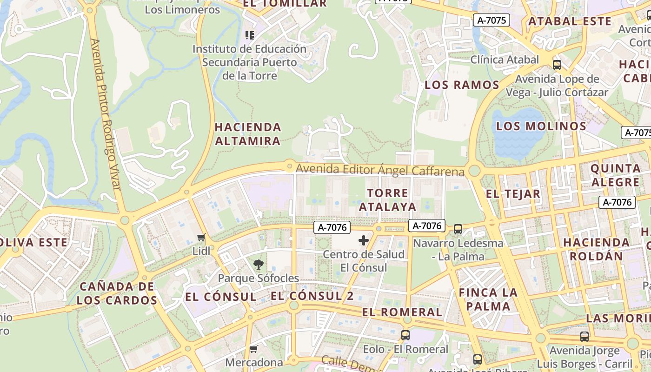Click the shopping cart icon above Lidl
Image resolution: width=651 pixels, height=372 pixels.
[x=201, y=238]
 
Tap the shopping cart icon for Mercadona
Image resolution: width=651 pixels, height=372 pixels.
[x=253, y=349]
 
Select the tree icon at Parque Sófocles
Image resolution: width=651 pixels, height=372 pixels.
[x=258, y=265]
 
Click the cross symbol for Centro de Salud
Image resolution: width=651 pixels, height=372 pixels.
[x=364, y=240]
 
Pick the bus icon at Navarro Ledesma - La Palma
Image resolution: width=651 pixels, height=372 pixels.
[x=458, y=229]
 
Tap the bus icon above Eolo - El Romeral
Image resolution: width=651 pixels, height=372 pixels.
[x=405, y=335]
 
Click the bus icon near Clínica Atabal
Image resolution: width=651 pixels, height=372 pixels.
[x=557, y=65]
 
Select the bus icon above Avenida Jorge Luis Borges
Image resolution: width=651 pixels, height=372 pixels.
[x=585, y=336]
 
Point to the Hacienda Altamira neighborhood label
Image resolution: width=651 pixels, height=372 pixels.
[x=248, y=134]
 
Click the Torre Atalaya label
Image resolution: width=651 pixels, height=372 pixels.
[x=387, y=200]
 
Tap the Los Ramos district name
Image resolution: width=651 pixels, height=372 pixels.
[x=462, y=85]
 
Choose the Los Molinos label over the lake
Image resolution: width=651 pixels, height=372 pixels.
[x=541, y=126]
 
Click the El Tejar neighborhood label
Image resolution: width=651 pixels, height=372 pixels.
[x=513, y=194]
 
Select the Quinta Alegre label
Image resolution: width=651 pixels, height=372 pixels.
[x=615, y=175]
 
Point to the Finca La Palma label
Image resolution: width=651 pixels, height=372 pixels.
[x=488, y=299]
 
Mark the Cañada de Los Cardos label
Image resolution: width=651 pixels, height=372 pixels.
[x=117, y=293]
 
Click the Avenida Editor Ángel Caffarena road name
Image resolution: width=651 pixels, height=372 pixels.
[x=380, y=170]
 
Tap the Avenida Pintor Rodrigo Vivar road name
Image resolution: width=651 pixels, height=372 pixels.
[x=106, y=114]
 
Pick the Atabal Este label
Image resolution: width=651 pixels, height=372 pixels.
[x=570, y=21]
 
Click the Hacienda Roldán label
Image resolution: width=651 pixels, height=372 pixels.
[x=596, y=249]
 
